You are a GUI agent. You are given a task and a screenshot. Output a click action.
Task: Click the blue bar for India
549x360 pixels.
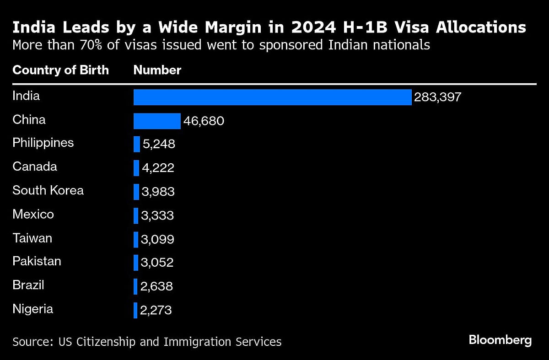point(272,97)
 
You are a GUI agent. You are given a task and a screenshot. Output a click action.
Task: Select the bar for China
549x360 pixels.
point(157,121)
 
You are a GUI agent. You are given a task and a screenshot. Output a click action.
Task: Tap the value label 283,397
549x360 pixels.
point(437,97)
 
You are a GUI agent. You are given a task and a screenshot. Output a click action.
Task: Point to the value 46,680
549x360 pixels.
point(204,121)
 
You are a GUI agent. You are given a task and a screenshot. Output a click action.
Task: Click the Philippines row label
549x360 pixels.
point(43,143)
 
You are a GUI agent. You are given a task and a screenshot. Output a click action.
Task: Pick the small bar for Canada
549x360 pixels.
point(136,168)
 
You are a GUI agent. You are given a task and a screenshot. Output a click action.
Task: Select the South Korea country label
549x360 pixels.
point(48,190)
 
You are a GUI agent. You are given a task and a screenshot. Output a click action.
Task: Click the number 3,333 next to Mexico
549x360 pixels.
point(157,215)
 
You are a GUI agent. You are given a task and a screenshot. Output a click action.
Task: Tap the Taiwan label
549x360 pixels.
point(32,238)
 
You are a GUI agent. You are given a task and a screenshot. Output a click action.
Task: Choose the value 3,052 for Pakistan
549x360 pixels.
point(157,263)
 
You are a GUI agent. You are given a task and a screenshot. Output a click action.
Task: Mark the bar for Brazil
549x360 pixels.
point(135,286)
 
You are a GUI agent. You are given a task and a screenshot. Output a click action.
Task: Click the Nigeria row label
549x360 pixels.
point(33,309)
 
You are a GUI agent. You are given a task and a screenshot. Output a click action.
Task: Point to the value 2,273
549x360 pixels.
point(156,311)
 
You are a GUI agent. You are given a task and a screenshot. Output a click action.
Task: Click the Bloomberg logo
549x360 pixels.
point(500,340)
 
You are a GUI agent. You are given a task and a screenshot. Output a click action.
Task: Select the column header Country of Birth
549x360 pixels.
point(61,70)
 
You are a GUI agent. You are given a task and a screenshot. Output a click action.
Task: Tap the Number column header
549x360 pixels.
point(157,70)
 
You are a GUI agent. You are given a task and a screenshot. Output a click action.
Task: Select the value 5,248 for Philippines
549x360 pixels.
point(158,144)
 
